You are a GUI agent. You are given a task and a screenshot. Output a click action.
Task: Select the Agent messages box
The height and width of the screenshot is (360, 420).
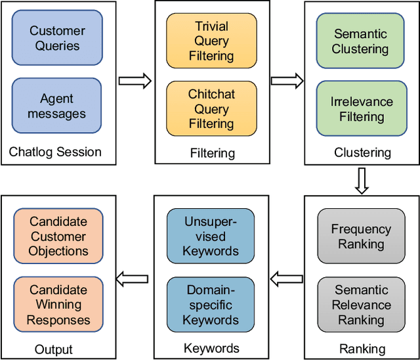point(57,106)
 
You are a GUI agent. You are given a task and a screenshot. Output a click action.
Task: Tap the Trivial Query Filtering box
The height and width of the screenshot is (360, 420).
point(211,41)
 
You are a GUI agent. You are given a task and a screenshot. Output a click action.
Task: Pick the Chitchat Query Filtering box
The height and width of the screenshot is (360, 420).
point(211,109)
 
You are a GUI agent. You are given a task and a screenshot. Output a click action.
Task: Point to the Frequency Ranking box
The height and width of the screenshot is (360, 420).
point(361,236)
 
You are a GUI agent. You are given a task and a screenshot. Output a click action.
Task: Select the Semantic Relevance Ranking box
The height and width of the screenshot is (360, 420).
point(361,305)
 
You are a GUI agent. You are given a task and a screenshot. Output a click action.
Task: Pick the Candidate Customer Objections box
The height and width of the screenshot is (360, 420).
point(58,236)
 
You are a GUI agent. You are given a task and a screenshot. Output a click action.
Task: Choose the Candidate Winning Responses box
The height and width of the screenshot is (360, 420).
point(58,305)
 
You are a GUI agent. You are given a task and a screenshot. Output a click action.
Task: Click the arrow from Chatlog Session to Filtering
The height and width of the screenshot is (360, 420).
point(135,81)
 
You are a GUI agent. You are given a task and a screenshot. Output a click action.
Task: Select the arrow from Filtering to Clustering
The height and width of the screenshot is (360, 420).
point(287,81)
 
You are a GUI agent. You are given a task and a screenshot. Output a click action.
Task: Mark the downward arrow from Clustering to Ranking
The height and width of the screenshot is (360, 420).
point(362,179)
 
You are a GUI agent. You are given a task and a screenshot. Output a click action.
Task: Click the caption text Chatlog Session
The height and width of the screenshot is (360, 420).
point(55,152)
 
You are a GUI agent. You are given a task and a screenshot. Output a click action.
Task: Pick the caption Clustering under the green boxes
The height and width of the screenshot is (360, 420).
point(362,152)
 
